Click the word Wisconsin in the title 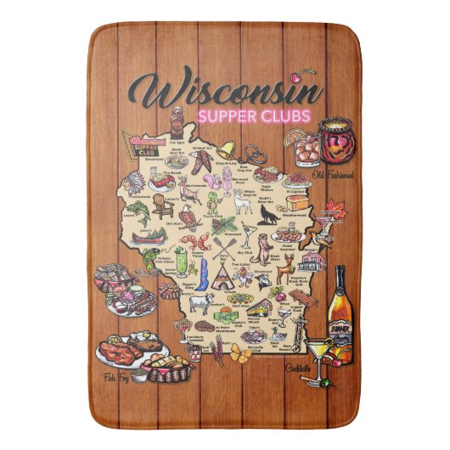click(224, 88)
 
